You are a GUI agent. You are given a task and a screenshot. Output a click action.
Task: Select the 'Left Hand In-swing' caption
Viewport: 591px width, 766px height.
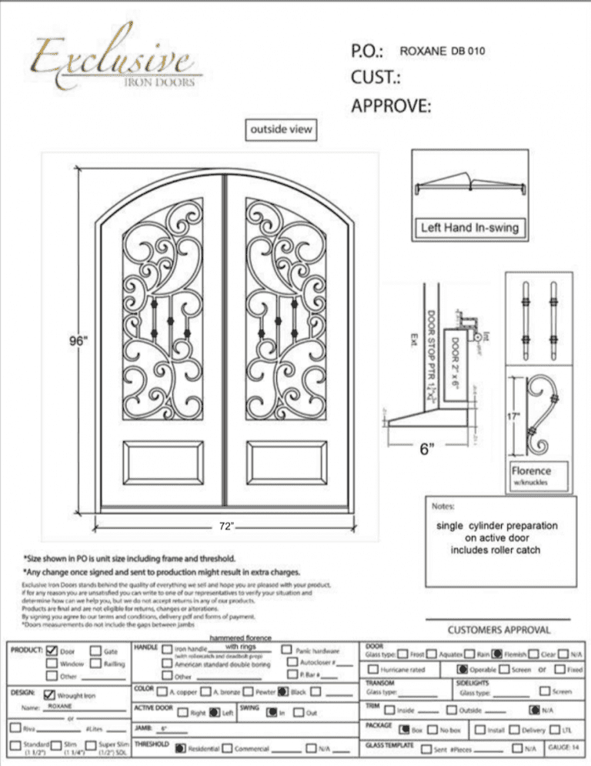pos(469,227)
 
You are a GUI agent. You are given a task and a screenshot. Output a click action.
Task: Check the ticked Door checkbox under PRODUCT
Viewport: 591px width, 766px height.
pos(52,651)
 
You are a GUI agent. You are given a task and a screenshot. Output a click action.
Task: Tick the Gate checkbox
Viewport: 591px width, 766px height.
pos(96,651)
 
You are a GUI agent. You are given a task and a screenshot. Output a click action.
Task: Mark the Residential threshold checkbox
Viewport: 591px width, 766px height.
pos(180,748)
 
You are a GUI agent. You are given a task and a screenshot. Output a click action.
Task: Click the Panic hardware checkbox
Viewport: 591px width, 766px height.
pos(287,651)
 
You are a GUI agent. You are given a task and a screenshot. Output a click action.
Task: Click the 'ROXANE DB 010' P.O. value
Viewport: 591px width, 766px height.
pos(442,51)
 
